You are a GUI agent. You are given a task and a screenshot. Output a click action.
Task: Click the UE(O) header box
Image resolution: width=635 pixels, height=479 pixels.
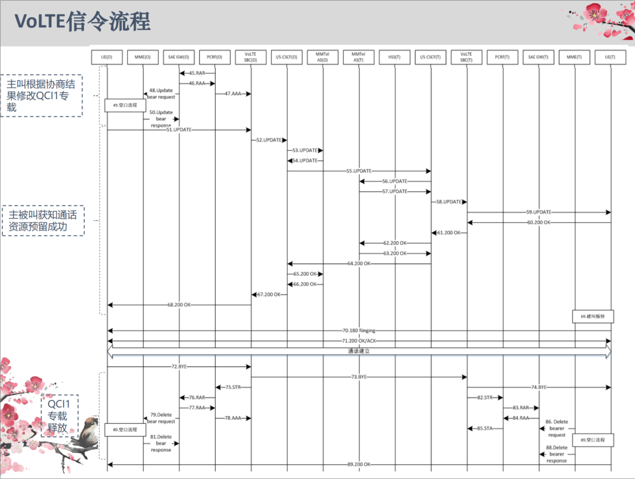[x=107, y=57]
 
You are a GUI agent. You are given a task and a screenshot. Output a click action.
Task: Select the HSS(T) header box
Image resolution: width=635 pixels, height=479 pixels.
[x=395, y=57]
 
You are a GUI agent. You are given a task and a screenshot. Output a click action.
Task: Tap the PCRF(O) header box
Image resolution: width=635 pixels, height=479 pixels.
[x=215, y=57]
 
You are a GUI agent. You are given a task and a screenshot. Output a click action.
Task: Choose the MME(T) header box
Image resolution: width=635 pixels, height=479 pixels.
[x=575, y=57]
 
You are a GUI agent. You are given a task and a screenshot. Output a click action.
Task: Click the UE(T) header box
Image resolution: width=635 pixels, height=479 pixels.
[x=611, y=57]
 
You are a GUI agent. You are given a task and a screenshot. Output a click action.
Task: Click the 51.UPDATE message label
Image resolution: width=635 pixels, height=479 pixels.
[x=179, y=130]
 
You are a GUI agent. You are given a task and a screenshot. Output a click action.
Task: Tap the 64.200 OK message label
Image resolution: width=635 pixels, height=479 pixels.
[x=358, y=264]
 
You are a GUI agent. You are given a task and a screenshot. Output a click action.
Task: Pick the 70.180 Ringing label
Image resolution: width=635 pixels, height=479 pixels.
[x=358, y=330]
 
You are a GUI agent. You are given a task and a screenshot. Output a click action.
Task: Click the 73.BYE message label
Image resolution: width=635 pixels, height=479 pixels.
[x=358, y=376]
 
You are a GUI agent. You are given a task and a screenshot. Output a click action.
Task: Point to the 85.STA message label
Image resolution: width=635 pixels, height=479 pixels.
[x=484, y=428]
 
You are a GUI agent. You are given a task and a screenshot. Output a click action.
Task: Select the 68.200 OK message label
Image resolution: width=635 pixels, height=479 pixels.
[x=179, y=305]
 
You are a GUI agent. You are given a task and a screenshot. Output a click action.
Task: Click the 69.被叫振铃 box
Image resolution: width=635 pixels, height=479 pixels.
[x=592, y=316]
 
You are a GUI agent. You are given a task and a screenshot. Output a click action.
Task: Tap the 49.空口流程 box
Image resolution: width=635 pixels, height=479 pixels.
[x=125, y=105]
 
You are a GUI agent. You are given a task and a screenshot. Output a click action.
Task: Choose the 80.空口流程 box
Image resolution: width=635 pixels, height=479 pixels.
[x=125, y=430]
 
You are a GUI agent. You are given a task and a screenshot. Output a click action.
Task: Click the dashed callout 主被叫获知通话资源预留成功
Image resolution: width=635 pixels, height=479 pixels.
[x=43, y=221]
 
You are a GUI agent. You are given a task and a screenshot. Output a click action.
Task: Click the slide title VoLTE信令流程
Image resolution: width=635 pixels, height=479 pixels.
[x=83, y=22]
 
